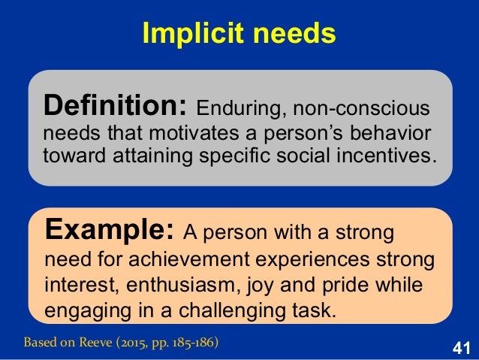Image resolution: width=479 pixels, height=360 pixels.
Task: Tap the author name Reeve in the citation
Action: [97, 344]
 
